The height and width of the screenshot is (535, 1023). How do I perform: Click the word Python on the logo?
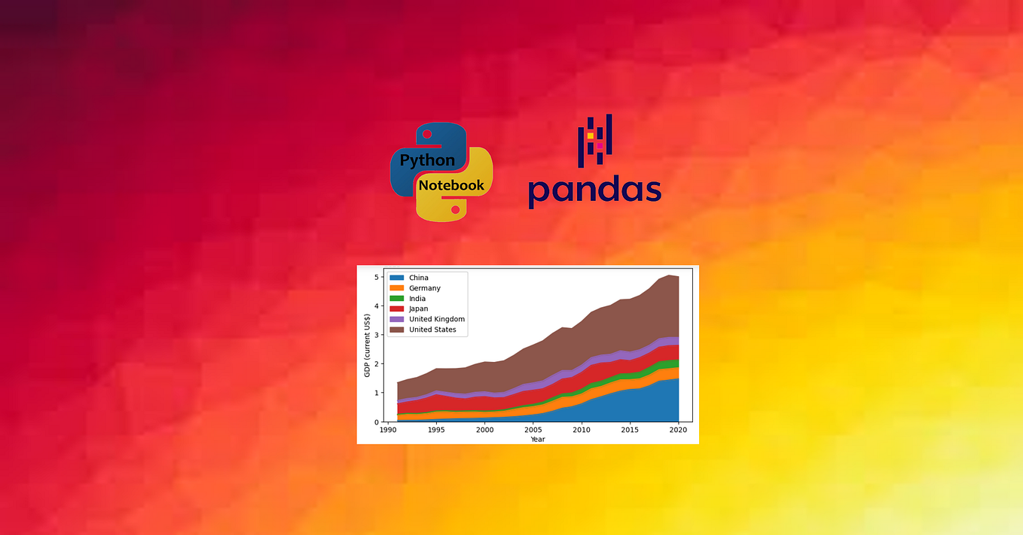point(427,160)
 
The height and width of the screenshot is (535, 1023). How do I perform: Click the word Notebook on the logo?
point(451,185)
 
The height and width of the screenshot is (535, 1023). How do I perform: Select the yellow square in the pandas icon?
point(590,135)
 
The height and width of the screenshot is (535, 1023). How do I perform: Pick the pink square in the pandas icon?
point(600,146)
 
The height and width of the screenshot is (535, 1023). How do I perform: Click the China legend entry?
point(409,278)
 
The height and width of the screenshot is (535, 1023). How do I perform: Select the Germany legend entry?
point(415,288)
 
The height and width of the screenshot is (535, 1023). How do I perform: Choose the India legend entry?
point(408,299)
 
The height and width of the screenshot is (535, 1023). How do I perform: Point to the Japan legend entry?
point(409,309)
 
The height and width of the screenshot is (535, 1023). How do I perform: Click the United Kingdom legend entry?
point(427,319)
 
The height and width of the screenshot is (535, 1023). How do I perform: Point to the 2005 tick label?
point(533,430)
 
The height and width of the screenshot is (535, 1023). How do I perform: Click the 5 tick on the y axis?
point(377,277)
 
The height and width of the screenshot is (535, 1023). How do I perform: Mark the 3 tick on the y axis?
point(377,335)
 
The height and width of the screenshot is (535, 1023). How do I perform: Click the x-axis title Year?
point(538,439)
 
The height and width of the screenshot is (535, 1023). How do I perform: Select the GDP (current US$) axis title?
point(367,345)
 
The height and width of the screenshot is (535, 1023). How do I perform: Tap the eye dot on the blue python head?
point(427,134)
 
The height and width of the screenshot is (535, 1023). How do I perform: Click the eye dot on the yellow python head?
point(455,210)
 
